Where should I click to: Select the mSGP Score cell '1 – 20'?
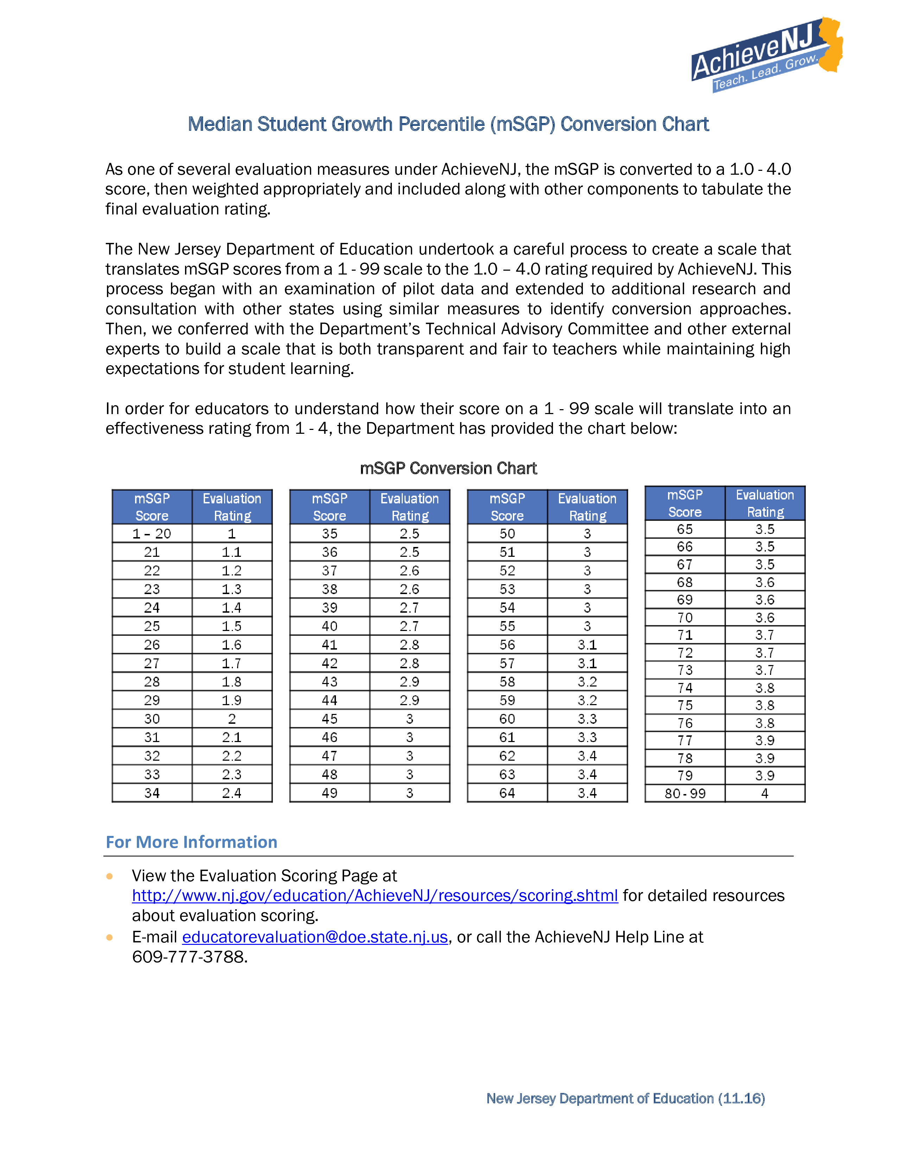click(x=152, y=533)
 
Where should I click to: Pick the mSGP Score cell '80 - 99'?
click(x=685, y=793)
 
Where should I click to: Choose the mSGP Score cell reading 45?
click(x=330, y=718)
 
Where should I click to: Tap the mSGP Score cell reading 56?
click(x=507, y=644)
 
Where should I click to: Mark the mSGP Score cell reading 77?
click(x=685, y=740)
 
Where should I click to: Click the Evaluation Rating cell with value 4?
click(x=765, y=793)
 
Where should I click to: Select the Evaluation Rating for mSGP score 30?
click(x=232, y=718)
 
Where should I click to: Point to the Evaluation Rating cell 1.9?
click(x=232, y=700)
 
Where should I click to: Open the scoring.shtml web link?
click(x=375, y=896)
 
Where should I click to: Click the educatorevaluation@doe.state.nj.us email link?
click(x=315, y=937)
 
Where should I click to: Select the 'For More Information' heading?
click(x=191, y=842)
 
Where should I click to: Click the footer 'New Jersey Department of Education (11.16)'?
click(x=625, y=1098)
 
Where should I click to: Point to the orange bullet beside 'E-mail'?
click(x=109, y=937)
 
